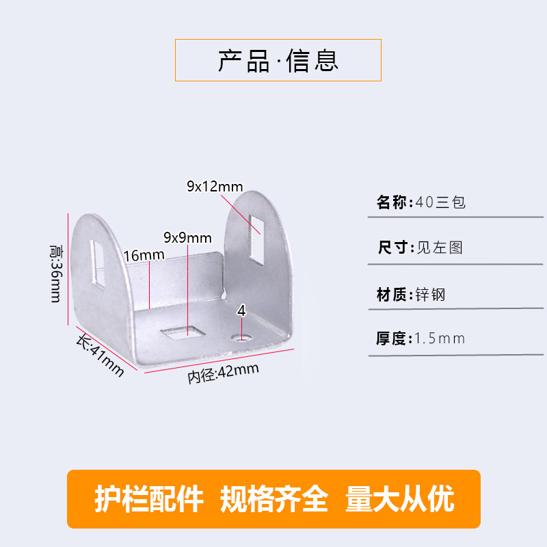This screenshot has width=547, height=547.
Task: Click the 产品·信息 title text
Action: (278, 60)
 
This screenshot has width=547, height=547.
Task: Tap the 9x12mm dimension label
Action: (215, 186)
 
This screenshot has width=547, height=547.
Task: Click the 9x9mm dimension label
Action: (187, 238)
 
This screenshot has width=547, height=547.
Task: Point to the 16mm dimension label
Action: (144, 255)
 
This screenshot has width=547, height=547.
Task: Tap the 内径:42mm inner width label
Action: (224, 373)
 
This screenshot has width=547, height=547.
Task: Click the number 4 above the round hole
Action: (241, 311)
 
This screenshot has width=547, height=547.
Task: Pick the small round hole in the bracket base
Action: (241, 337)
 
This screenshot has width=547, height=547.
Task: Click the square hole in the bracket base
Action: (182, 333)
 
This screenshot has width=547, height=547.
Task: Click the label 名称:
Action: (394, 203)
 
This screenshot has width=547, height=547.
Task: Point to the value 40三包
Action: (440, 203)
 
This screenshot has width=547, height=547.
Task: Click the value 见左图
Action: (440, 247)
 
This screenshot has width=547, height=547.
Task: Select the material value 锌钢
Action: (430, 295)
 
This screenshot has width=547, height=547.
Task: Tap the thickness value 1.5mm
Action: (440, 338)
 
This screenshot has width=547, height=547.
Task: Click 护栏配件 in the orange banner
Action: (148, 499)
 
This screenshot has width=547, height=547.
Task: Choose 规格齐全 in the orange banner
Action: (273, 499)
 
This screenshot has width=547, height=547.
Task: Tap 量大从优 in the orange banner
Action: (400, 499)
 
